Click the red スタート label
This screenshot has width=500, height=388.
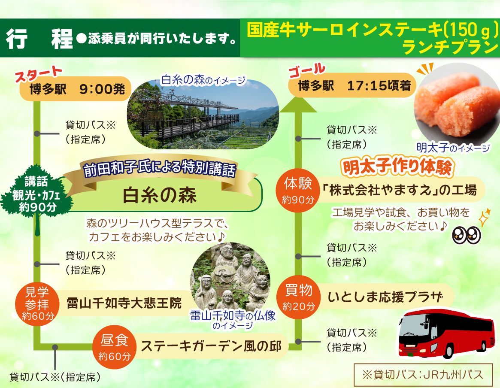click(39, 74)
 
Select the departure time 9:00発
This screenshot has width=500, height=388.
click(102, 89)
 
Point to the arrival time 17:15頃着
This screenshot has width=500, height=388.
click(380, 86)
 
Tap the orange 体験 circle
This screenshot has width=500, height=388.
click(298, 190)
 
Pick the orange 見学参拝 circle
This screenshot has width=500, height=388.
click(36, 304)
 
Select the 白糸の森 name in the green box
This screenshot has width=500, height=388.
click(160, 195)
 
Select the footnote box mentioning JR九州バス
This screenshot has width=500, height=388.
click(423, 374)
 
